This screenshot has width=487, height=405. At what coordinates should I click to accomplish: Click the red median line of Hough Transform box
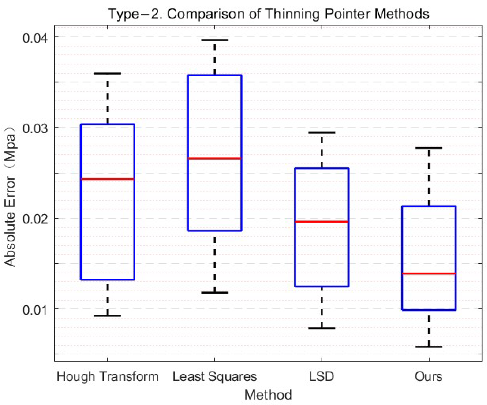(x=107, y=179)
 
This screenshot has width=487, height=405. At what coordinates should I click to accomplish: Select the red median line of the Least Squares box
(x=214, y=158)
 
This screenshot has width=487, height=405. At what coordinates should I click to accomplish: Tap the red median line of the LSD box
(x=322, y=222)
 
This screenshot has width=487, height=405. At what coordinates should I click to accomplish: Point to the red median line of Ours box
(x=429, y=273)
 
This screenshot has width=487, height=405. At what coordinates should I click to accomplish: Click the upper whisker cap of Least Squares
(x=214, y=40)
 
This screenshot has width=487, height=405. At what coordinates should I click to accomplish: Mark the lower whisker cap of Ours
(x=429, y=347)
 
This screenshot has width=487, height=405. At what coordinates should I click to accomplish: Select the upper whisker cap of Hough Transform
(x=107, y=73)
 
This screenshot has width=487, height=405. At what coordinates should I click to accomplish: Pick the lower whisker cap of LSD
(x=322, y=328)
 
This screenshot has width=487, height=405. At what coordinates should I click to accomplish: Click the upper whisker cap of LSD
(x=322, y=132)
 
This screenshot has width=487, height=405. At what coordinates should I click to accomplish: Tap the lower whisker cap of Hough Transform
(x=107, y=316)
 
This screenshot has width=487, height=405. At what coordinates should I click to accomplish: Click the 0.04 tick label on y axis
(x=35, y=38)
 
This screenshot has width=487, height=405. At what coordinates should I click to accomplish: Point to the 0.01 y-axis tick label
(x=35, y=310)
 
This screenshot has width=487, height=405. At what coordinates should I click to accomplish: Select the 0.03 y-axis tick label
(x=35, y=128)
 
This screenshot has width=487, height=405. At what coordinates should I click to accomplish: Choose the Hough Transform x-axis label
(x=107, y=376)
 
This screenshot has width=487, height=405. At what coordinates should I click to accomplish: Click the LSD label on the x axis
(x=321, y=376)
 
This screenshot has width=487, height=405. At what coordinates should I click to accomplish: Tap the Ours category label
(x=428, y=376)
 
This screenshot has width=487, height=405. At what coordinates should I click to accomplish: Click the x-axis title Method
(x=268, y=395)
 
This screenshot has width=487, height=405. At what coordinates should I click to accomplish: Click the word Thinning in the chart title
(x=292, y=14)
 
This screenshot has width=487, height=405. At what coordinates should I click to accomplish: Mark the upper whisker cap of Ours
(x=429, y=148)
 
